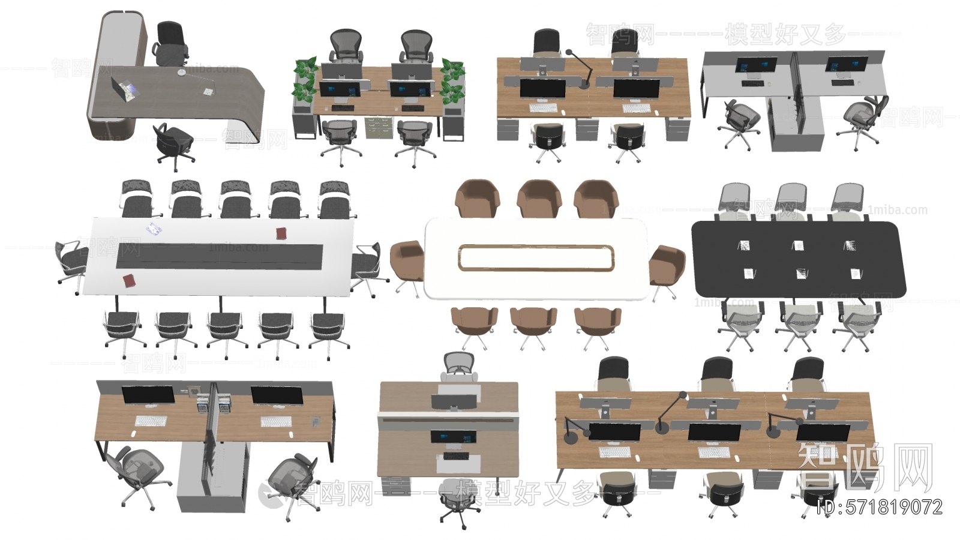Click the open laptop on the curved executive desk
126,89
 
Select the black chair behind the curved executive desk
170,43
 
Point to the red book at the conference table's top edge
281,233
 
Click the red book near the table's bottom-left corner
128,281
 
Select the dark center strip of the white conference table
219,256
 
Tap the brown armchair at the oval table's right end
665,265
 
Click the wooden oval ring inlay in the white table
535,258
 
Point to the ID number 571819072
880,508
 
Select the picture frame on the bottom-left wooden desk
194,391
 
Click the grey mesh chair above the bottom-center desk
459,367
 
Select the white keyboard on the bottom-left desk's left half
151,422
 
